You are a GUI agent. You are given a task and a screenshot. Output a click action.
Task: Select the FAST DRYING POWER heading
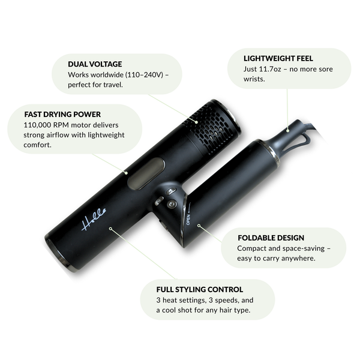click(62, 113)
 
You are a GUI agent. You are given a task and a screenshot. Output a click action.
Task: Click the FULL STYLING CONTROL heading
click(200, 289)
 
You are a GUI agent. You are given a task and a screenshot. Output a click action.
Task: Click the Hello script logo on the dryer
click(93, 217)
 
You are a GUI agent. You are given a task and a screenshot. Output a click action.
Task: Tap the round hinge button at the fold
click(172, 204)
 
